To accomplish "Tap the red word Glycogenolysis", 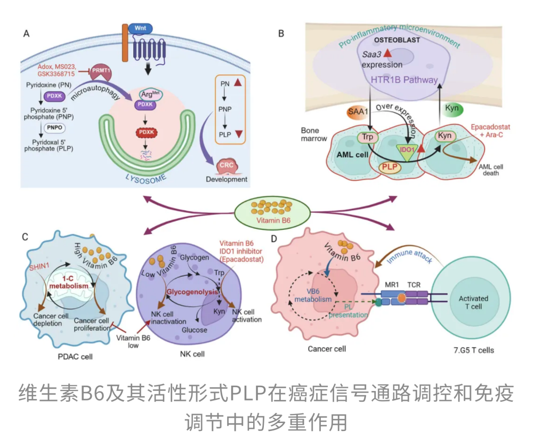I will pyautogui.click(x=190, y=292).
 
